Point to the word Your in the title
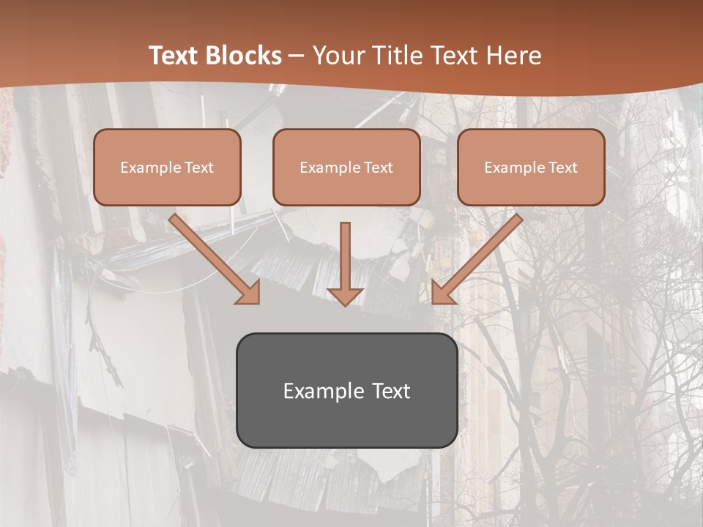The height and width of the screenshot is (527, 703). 336,56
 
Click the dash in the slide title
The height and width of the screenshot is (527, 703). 297,56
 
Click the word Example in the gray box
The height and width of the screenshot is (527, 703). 324,391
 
